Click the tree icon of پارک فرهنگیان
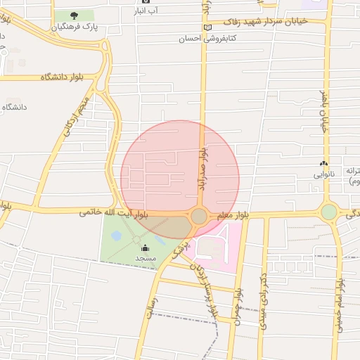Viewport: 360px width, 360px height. click(74, 15)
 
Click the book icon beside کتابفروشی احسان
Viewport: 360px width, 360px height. click(207, 27)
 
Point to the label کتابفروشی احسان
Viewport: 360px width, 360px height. click(207, 39)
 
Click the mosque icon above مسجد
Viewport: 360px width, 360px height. click(146, 247)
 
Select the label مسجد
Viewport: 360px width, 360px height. click(146, 259)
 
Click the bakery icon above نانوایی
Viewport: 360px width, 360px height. click(323, 163)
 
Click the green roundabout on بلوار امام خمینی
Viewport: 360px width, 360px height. click(329, 212)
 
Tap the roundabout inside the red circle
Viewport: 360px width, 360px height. click(199, 216)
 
